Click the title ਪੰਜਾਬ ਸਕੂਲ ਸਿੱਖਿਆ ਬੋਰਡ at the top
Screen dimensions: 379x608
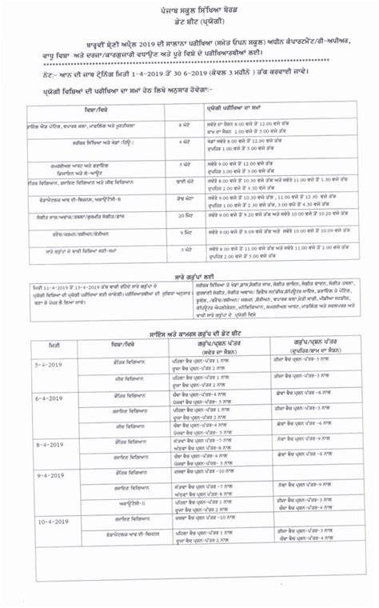(x=190, y=8)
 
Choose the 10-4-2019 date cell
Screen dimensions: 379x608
(x=48, y=521)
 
